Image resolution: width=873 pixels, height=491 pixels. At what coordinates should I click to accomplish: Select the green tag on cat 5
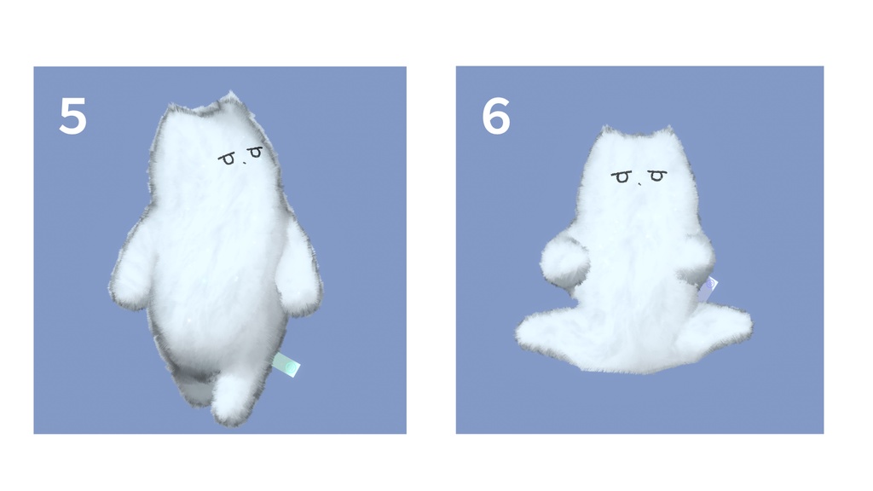click(287, 367)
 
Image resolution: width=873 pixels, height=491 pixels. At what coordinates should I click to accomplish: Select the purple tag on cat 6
click(708, 290)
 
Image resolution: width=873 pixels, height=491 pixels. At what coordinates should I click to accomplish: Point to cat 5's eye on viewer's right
click(254, 152)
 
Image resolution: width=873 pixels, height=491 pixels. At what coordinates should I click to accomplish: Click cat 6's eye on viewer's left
click(622, 177)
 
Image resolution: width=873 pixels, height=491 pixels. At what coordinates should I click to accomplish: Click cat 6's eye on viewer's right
click(656, 176)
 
